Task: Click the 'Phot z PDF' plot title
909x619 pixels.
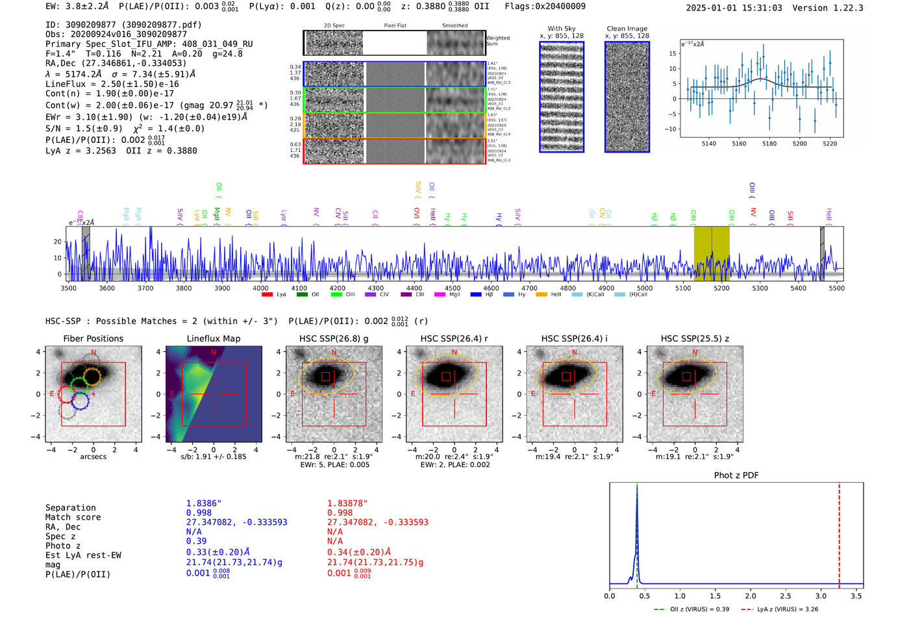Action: (x=736, y=475)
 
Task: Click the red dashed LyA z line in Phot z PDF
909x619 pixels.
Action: (x=839, y=533)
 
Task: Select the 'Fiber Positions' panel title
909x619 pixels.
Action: (x=93, y=338)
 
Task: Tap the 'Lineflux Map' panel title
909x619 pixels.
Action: (x=213, y=338)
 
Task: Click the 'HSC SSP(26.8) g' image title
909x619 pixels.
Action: (x=333, y=338)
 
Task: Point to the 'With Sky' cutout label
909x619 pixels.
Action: (x=561, y=29)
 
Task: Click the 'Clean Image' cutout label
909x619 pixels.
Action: (x=627, y=29)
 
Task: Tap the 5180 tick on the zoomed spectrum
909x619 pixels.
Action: (x=769, y=144)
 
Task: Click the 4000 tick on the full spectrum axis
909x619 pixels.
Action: (x=260, y=288)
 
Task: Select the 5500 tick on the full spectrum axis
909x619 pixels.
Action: (x=836, y=288)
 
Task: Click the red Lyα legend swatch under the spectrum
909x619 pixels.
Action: (x=267, y=295)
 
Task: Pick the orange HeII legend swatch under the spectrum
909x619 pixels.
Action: (x=542, y=295)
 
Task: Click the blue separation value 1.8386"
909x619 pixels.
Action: (x=203, y=503)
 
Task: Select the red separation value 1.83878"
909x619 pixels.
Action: (x=347, y=503)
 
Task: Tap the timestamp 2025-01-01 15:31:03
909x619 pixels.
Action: (x=734, y=8)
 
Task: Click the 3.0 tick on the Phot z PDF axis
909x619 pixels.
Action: (x=821, y=596)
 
